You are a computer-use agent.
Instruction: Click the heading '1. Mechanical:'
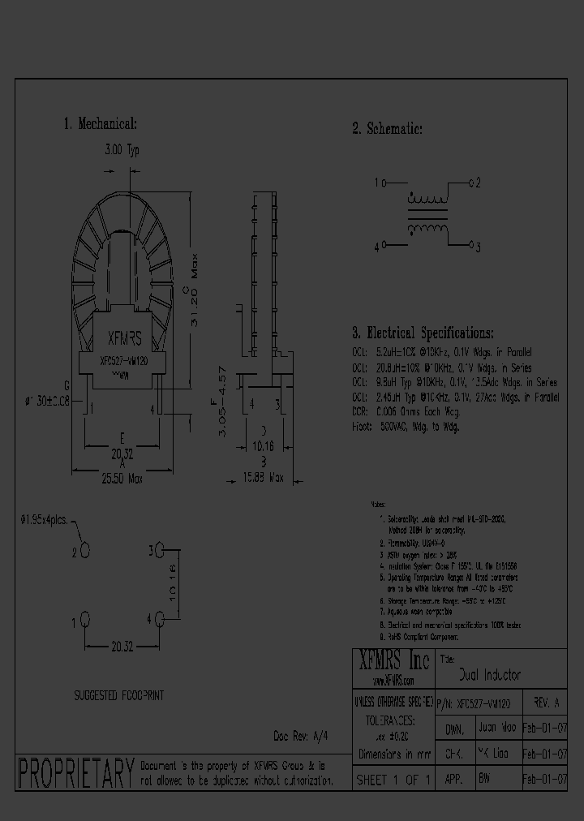pos(101,124)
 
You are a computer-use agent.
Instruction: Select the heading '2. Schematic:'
pos(387,129)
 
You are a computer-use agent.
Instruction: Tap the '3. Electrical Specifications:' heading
pos(422,333)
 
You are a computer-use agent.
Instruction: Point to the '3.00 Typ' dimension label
pos(122,151)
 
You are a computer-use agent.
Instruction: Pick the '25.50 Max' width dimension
pos(122,479)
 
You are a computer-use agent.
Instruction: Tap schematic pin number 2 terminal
pos(474,183)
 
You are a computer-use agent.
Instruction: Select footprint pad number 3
pos(158,551)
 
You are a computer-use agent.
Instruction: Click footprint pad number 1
pos(84,621)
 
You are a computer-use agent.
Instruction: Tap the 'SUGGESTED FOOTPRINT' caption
pos(119,695)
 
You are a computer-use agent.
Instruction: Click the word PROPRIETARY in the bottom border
pos(75,772)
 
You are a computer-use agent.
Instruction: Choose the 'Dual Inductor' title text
pos(489,675)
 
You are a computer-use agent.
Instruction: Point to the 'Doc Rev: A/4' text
pos(301,735)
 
